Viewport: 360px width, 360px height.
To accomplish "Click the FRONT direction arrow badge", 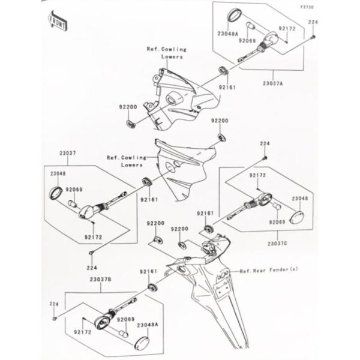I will [x=58, y=23].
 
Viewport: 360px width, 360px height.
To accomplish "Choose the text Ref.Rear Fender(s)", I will [x=268, y=271].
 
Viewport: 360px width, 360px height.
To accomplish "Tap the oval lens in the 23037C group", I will [x=298, y=217].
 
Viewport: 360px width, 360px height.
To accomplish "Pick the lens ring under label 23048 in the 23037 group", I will [x=56, y=193].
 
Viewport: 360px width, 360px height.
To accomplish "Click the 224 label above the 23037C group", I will [x=264, y=144].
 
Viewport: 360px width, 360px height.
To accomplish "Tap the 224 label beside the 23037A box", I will [x=313, y=22].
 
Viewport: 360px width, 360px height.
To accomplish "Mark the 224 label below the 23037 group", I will [x=92, y=268].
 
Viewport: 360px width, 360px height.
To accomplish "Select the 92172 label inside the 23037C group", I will [x=257, y=175].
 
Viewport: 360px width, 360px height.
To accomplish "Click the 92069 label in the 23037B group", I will [x=125, y=320].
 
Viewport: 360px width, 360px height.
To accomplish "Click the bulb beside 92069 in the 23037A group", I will [x=253, y=28].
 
